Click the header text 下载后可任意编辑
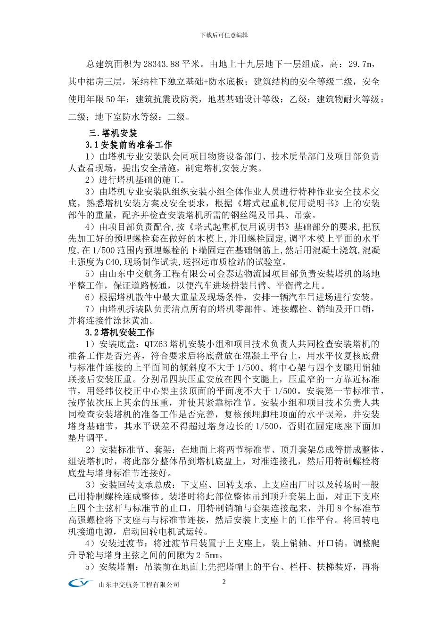click(x=224, y=35)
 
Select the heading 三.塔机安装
click(x=113, y=133)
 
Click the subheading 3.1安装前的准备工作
click(x=129, y=145)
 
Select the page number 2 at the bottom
click(x=224, y=582)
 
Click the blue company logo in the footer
click(x=81, y=584)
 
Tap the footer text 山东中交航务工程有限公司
click(x=139, y=585)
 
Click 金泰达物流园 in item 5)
click(x=242, y=274)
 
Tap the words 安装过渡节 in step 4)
click(x=121, y=544)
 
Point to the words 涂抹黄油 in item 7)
click(x=134, y=321)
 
